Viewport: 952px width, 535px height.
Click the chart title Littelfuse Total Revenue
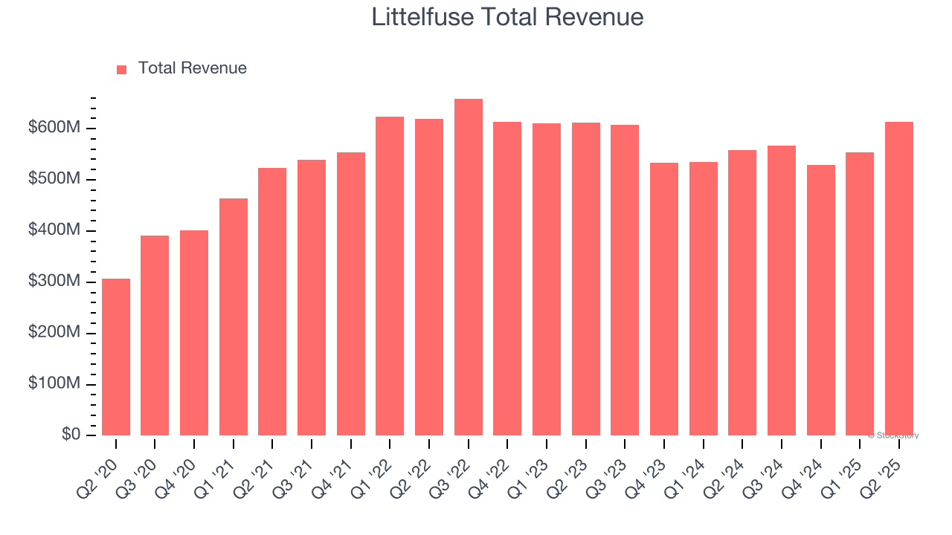tap(507, 17)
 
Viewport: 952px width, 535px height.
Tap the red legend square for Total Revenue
tap(122, 69)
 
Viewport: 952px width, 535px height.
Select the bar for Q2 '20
tap(116, 357)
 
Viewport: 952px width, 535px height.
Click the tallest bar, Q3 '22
tap(469, 267)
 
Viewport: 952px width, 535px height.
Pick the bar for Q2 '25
tap(899, 279)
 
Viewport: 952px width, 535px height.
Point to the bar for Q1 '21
tap(234, 317)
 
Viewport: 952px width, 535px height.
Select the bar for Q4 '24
tap(821, 300)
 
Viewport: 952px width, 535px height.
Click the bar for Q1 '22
tap(390, 276)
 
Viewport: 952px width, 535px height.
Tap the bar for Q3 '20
tap(155, 335)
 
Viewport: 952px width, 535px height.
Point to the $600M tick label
tap(54, 128)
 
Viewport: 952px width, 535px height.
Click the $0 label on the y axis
tap(71, 435)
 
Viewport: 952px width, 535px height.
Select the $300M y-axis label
tap(54, 282)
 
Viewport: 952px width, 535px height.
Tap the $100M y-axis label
tap(54, 383)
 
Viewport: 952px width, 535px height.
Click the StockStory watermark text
tap(893, 435)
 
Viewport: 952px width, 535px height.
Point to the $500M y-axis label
tap(54, 179)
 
